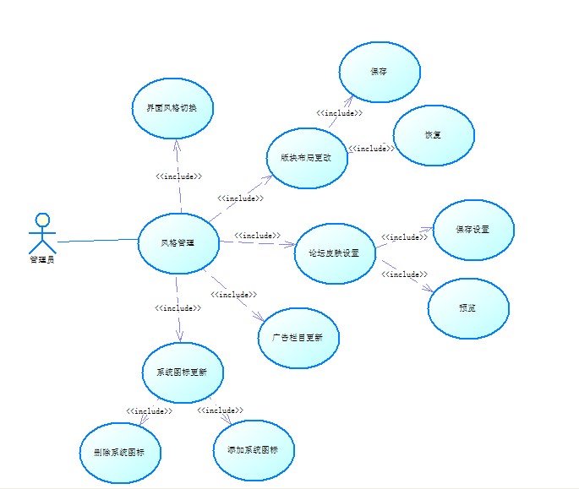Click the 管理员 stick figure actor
point(40,233)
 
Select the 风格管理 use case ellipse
point(178,243)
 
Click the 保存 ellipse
point(380,73)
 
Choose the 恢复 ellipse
point(434,135)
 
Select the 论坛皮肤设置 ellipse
point(335,253)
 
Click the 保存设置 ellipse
point(472,230)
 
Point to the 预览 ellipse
point(467,308)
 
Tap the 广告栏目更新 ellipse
point(298,337)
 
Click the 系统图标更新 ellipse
point(183,372)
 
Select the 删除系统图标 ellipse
point(121,453)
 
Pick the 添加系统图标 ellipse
point(253,450)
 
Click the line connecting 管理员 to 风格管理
point(97,241)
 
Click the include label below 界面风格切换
point(178,177)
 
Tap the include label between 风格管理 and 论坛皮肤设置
point(257,235)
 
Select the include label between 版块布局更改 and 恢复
point(370,149)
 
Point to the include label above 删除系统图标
point(149,411)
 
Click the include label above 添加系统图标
point(220,410)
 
